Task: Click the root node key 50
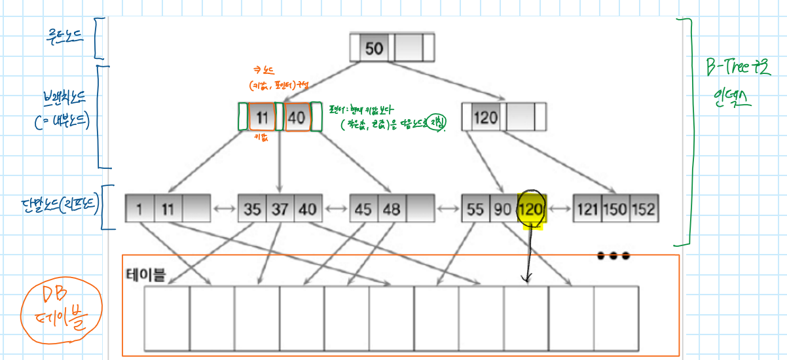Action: click(x=374, y=48)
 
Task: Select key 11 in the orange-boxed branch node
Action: click(x=262, y=118)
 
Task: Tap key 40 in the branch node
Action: click(x=297, y=118)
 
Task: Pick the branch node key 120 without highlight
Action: click(x=485, y=118)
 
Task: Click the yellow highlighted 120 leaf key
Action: click(x=531, y=210)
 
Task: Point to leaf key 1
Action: click(x=139, y=210)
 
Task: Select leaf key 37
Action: click(x=280, y=210)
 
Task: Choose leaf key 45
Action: click(x=363, y=210)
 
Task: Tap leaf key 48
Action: click(x=392, y=210)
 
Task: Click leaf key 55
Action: click(x=475, y=210)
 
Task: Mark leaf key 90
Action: click(x=503, y=210)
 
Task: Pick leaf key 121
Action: click(x=587, y=210)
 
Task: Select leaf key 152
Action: click(x=644, y=210)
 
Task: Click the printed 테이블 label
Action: click(x=145, y=276)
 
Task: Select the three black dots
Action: click(x=613, y=256)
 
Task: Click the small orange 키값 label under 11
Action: click(x=262, y=139)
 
